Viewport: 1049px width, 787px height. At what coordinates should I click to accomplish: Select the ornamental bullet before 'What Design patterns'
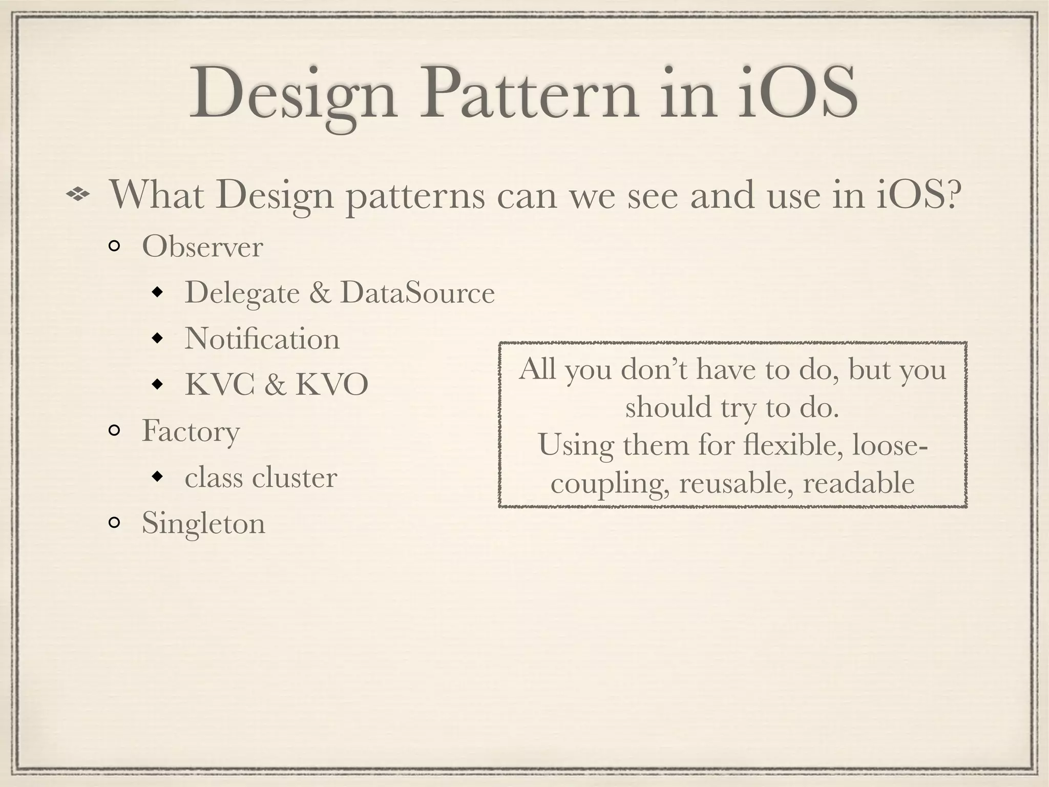click(x=78, y=194)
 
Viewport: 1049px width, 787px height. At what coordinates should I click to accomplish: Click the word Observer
click(x=202, y=247)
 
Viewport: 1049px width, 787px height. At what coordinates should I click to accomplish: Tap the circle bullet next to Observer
click(x=114, y=247)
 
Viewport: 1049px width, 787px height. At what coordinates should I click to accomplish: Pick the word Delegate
click(x=242, y=293)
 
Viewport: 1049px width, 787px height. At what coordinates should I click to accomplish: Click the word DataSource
click(x=417, y=293)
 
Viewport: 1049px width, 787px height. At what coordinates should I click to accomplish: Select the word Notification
click(x=262, y=339)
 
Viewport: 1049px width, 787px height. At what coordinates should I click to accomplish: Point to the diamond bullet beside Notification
click(x=158, y=339)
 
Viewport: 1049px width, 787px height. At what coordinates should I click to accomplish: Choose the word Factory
click(x=191, y=431)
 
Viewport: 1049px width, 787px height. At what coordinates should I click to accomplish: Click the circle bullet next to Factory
click(x=114, y=431)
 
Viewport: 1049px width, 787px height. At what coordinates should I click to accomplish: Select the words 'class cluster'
click(x=261, y=477)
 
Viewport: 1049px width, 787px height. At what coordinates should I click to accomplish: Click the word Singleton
click(x=203, y=523)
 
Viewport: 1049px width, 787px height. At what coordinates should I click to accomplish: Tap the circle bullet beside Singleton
click(x=114, y=523)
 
